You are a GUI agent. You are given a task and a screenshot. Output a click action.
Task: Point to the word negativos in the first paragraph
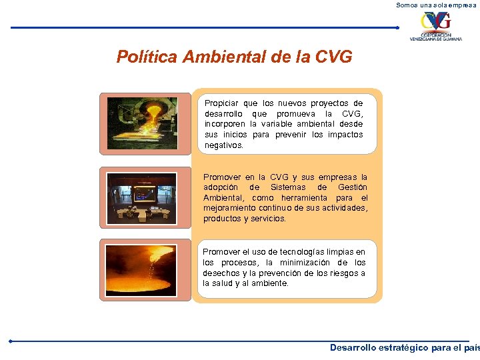tap(224, 145)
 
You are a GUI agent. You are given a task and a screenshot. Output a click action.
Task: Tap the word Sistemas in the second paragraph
tap(289, 187)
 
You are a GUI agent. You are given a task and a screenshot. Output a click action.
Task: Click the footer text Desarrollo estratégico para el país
tap(404, 348)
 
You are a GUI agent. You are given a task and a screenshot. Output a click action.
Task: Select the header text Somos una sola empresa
tap(437, 5)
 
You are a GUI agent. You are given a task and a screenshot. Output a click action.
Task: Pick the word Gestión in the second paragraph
tap(351, 187)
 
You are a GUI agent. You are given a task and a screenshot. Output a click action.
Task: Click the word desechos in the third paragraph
tap(221, 273)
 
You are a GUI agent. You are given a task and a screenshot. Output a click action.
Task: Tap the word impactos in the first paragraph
tap(346, 135)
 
